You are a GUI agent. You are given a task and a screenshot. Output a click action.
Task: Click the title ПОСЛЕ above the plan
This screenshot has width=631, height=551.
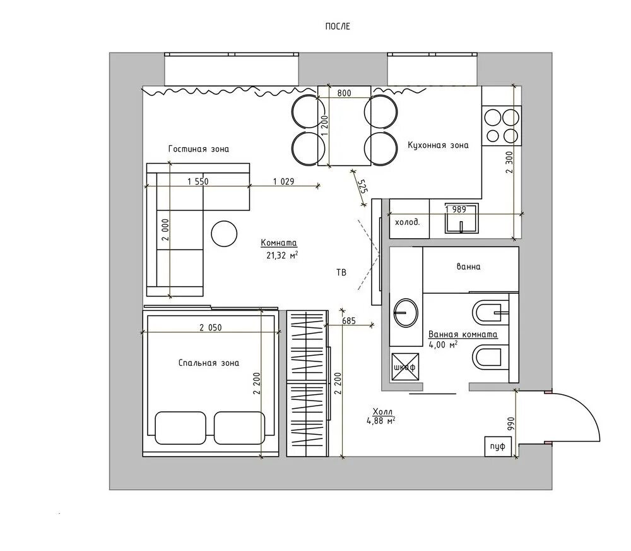[338, 27]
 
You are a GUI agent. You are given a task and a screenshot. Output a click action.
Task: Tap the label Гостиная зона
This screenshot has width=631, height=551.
[198, 148]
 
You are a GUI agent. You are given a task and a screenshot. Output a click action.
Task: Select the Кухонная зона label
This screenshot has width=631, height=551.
[438, 145]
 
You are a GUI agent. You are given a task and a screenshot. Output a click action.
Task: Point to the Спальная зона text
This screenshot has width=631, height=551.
[208, 363]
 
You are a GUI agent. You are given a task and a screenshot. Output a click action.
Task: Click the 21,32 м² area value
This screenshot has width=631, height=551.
[282, 255]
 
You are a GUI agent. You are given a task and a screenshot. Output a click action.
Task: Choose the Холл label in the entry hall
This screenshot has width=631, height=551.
[382, 411]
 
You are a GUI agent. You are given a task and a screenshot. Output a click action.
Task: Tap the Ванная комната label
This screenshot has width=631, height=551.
[463, 334]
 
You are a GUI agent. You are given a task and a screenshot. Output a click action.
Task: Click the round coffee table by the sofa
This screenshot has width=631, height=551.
[224, 234]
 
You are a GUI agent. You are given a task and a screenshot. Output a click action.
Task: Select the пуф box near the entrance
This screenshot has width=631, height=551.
[498, 447]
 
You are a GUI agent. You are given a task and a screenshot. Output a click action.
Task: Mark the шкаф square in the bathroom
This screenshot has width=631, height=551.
[405, 366]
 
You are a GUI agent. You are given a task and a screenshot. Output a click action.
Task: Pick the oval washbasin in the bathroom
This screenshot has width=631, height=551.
[406, 312]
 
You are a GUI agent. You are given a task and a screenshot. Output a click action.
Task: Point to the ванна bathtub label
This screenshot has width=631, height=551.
[468, 267]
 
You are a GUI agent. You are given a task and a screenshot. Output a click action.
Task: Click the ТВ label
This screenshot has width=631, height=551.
[341, 273]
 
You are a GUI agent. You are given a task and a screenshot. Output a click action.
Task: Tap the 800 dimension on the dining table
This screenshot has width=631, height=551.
[344, 93]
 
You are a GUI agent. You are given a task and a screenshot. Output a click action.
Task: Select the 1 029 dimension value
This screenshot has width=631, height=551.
[283, 181]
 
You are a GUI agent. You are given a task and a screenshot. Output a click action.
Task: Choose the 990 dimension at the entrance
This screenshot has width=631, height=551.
[511, 424]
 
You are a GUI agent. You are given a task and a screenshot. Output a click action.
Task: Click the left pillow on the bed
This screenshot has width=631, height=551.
[180, 428]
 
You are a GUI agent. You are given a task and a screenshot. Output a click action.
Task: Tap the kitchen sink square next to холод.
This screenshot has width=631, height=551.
[462, 218]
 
